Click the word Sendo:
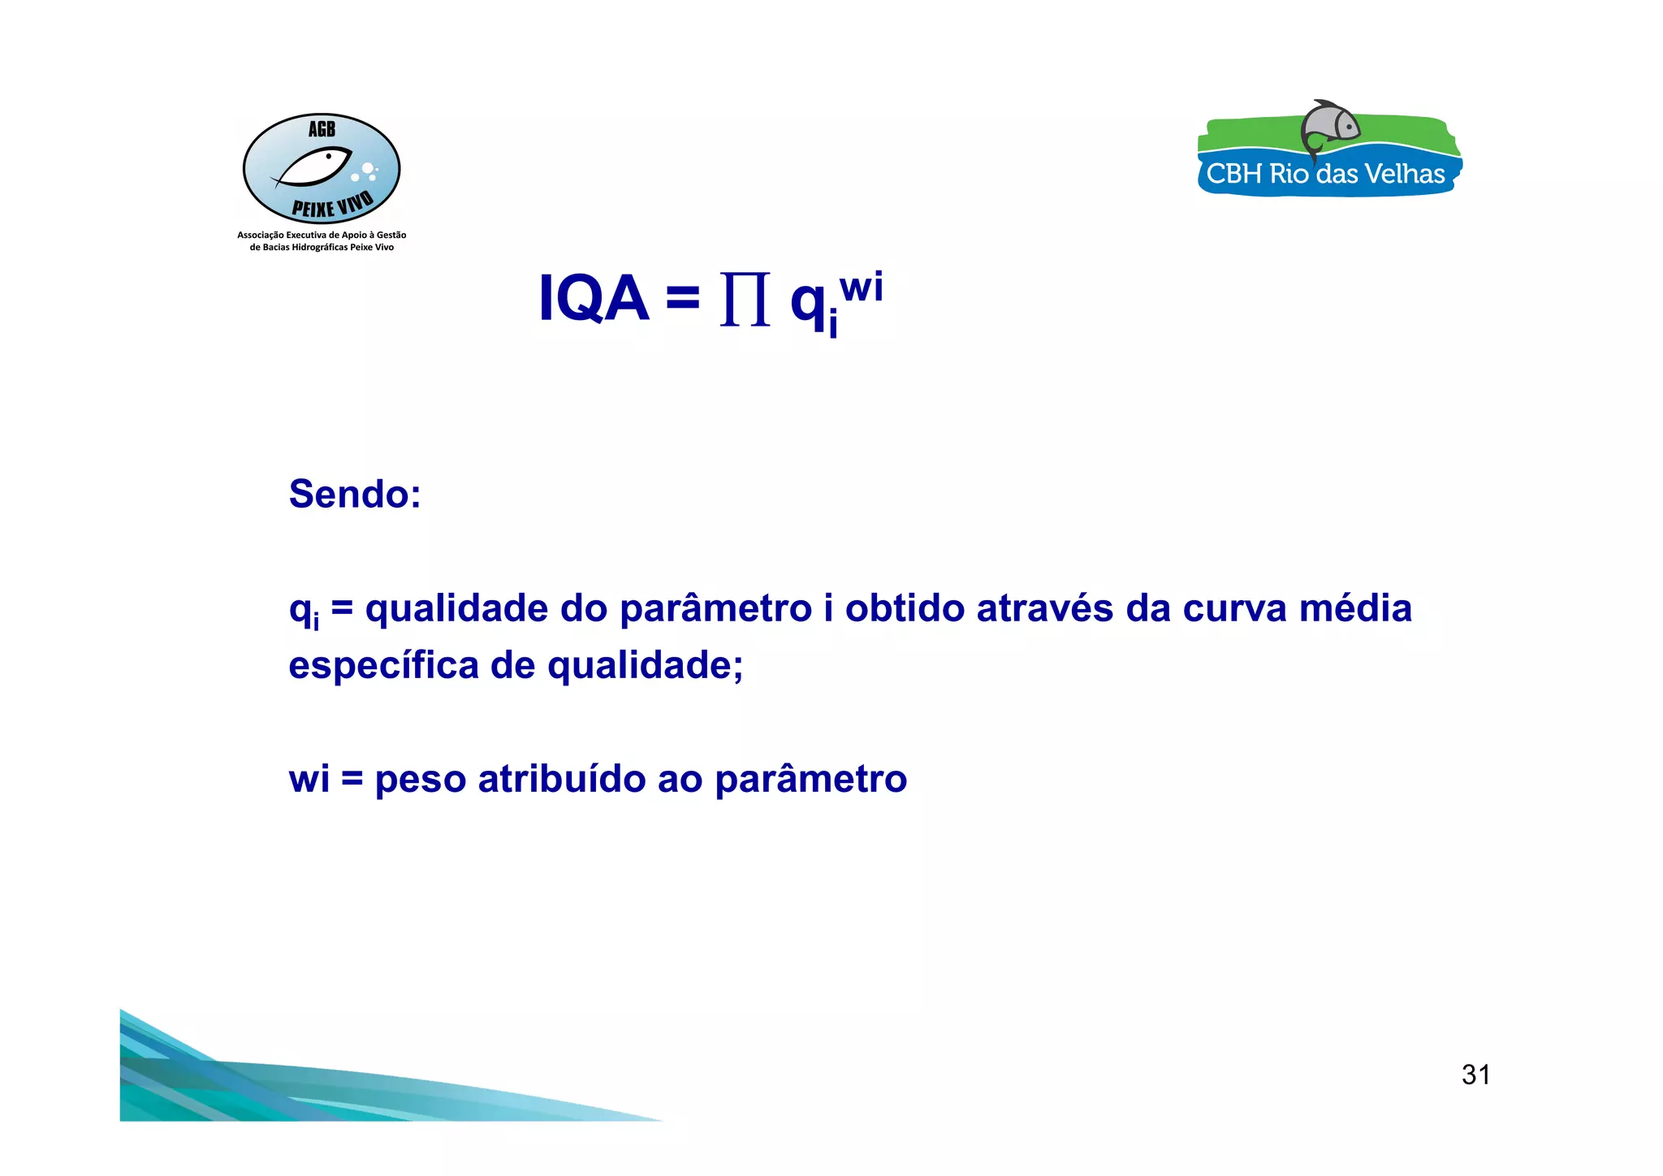point(355,494)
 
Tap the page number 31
point(1475,1074)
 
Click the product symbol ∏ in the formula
point(745,300)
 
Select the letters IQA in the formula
point(594,299)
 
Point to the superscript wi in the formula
point(862,288)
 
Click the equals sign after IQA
point(683,297)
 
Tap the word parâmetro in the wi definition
point(810,779)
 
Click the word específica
point(383,666)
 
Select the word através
point(1044,609)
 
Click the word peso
point(420,780)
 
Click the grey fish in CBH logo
point(1330,126)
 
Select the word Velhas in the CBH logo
point(1403,174)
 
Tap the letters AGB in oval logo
point(322,129)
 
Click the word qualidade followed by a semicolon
point(645,666)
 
